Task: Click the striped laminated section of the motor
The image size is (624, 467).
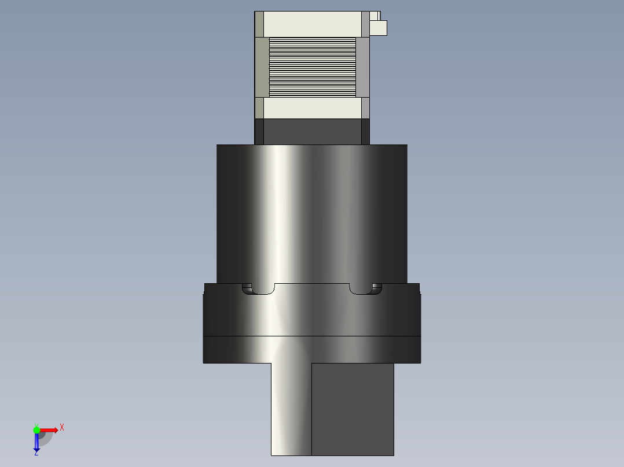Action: coord(313,67)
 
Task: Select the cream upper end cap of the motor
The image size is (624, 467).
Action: coord(313,24)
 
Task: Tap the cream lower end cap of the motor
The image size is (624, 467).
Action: coord(313,108)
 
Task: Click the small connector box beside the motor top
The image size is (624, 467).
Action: coord(378,28)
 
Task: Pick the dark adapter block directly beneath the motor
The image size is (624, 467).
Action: coord(312,132)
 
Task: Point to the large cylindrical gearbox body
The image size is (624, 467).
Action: coord(312,214)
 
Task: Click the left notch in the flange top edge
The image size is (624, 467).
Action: coord(258,289)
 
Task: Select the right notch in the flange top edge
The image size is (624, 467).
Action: coord(365,289)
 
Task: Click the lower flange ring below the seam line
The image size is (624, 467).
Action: coord(312,349)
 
